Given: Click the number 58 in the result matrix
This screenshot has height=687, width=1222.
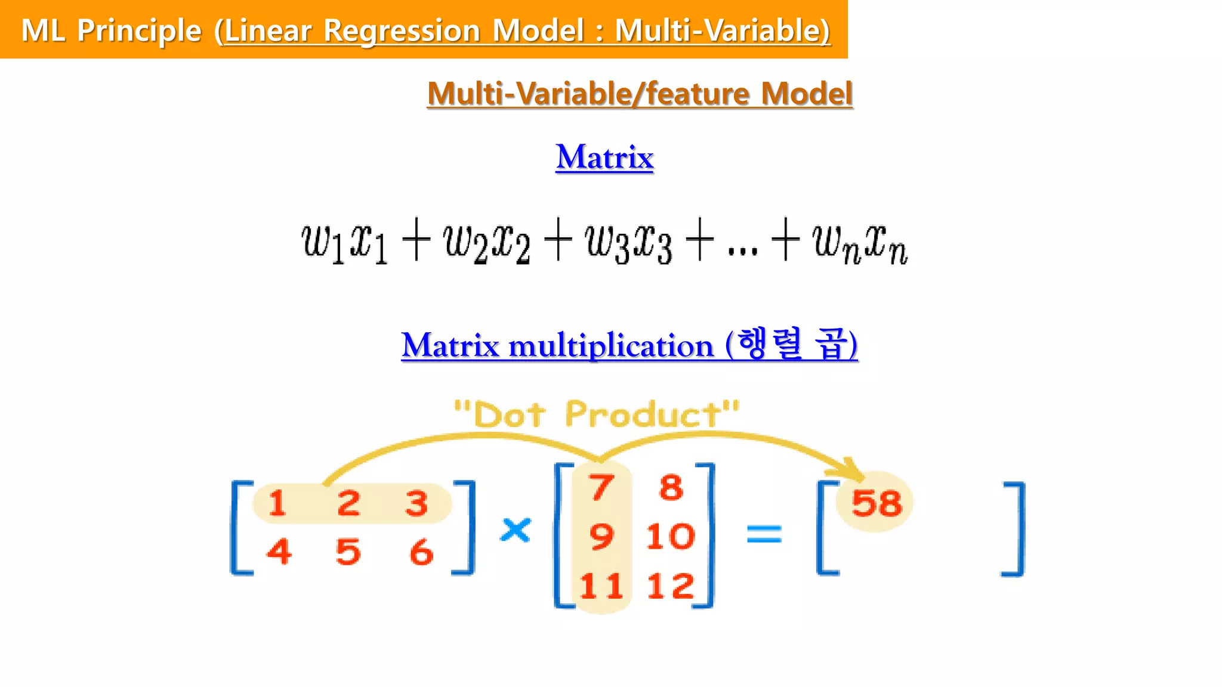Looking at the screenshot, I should point(877,503).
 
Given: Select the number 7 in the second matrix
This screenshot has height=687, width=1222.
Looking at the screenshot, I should point(601,487).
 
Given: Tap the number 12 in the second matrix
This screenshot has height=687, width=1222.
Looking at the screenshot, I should point(671,586).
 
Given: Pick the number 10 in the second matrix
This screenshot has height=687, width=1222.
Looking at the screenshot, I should point(671,536).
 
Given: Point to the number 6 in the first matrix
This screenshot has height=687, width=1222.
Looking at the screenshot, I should point(421,552).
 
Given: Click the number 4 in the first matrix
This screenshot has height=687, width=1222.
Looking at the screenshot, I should point(279,551).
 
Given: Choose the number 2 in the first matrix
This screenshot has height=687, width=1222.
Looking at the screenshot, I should point(348,503).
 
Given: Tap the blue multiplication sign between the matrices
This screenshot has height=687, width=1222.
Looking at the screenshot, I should point(516,530).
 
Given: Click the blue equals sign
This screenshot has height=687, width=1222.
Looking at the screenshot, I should point(764,534).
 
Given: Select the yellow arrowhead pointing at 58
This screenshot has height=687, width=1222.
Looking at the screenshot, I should point(854,469).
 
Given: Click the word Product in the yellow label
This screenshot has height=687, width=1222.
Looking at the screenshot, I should point(644,414).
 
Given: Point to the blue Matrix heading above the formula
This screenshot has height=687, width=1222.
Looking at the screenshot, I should point(604,157).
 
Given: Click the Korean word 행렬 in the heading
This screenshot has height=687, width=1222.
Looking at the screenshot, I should point(770,344).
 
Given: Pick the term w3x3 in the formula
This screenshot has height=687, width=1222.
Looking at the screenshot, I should point(629,242).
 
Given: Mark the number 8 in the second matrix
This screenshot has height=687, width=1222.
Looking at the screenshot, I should point(671,487).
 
